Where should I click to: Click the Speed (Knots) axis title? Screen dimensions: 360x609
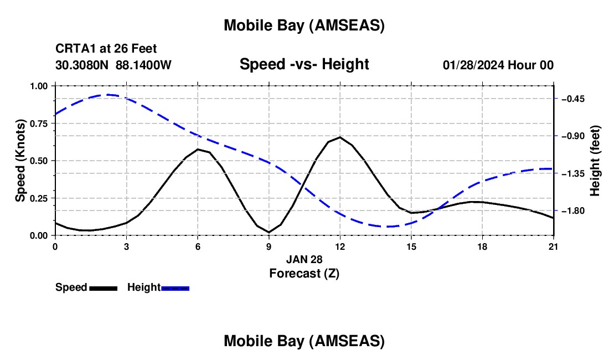(20, 161)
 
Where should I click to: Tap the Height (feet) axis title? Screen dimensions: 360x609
(595, 161)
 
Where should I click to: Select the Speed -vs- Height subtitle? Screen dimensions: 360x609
(304, 64)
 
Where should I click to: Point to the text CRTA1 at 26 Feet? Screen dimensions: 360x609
(110, 49)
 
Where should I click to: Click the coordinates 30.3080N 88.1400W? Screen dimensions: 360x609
(113, 65)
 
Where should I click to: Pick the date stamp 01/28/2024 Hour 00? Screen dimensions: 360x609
(498, 65)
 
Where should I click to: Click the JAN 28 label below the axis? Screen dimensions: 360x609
(304, 259)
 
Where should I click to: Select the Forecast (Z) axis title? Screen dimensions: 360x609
(304, 273)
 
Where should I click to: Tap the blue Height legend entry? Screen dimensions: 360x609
(158, 287)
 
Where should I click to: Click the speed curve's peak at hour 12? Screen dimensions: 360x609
(340, 137)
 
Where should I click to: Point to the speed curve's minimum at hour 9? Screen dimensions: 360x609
(269, 232)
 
